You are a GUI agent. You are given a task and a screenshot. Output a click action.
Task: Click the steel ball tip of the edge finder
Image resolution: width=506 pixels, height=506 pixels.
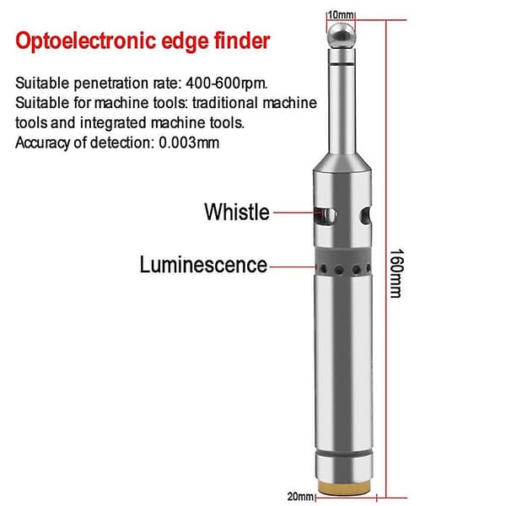click(x=342, y=35)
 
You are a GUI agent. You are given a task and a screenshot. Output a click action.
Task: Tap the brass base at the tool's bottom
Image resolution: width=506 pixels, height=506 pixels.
click(x=343, y=488)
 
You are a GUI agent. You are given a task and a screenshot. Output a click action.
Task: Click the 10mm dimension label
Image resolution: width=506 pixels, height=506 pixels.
click(x=341, y=15)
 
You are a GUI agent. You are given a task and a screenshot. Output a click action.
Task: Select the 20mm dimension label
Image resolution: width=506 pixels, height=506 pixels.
click(x=300, y=497)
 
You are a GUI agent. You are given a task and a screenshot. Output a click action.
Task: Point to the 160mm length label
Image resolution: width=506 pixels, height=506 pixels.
click(x=396, y=273)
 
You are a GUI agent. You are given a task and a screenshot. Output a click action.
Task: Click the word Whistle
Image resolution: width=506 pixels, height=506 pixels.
click(x=237, y=212)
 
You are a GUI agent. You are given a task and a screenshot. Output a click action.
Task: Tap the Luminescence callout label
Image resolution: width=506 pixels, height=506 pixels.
click(x=203, y=265)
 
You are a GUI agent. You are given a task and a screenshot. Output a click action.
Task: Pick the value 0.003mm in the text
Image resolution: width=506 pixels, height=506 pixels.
click(x=189, y=143)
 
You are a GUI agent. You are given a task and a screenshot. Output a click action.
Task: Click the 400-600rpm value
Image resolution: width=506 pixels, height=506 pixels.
click(x=227, y=83)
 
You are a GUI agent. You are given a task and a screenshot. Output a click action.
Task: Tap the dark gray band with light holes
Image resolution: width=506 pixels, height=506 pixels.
click(x=343, y=262)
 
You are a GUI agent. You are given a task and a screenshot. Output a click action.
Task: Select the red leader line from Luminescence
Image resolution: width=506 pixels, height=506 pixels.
click(x=293, y=266)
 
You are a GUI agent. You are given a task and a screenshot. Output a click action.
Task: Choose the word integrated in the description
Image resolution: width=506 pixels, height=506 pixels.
click(x=113, y=123)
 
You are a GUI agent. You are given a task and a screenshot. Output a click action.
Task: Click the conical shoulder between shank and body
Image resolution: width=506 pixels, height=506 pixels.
click(x=342, y=162)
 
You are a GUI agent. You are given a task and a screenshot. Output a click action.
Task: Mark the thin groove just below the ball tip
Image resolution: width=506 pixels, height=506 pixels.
click(x=342, y=65)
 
